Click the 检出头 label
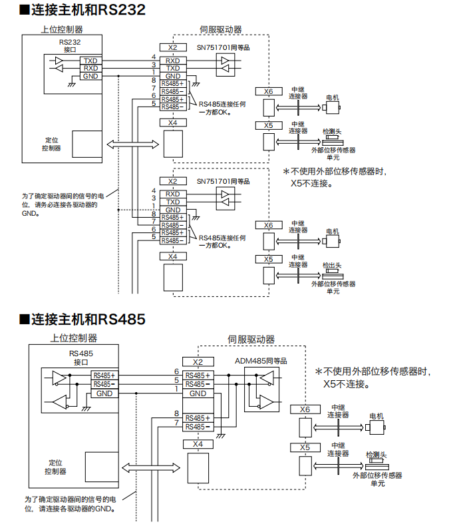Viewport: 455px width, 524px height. coord(331,264)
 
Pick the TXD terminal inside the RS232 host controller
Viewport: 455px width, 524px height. coord(90,61)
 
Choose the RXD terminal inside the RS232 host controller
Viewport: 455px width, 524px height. coord(90,68)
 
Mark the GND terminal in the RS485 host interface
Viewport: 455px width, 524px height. coord(104,393)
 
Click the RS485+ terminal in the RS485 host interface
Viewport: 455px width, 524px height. coord(104,376)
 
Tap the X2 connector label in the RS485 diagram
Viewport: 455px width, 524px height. coord(198,362)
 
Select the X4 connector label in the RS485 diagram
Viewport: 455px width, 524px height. coord(198,444)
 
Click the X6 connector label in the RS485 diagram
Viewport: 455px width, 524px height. coord(305,409)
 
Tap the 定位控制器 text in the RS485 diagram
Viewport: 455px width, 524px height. coord(56,467)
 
